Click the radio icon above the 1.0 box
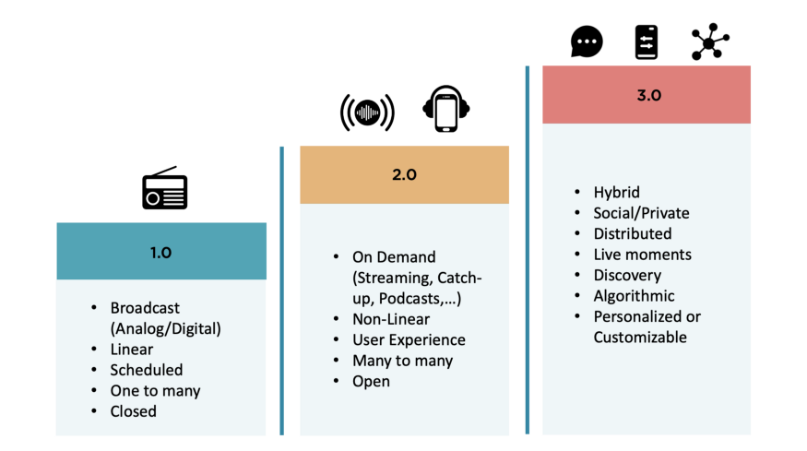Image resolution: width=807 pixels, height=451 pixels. click(165, 188)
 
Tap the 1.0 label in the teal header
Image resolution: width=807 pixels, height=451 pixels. click(160, 253)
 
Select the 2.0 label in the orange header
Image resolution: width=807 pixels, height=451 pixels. click(405, 175)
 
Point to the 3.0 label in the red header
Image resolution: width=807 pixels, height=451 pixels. click(649, 95)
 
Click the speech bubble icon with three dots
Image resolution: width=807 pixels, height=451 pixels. click(587, 42)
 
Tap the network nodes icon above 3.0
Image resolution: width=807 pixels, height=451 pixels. click(710, 42)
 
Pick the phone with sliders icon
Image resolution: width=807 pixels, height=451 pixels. click(647, 42)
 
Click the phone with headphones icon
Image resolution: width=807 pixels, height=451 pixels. click(446, 109)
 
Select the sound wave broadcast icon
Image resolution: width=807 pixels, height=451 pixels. click(367, 113)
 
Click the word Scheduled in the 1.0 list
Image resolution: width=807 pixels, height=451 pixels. click(147, 370)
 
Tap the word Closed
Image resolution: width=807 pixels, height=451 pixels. click(134, 411)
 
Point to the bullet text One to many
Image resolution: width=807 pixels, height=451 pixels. click(156, 391)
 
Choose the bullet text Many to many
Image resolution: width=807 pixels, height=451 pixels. click(402, 361)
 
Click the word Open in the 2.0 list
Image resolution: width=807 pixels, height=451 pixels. click(371, 382)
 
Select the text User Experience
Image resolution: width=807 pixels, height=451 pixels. click(409, 339)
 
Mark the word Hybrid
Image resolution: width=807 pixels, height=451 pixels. click(617, 193)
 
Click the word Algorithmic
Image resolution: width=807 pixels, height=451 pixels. click(635, 296)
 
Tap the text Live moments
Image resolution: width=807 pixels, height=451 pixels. click(642, 255)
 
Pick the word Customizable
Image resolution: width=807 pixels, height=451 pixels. click(640, 338)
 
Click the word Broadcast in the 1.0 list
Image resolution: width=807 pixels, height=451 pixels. click(145, 308)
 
